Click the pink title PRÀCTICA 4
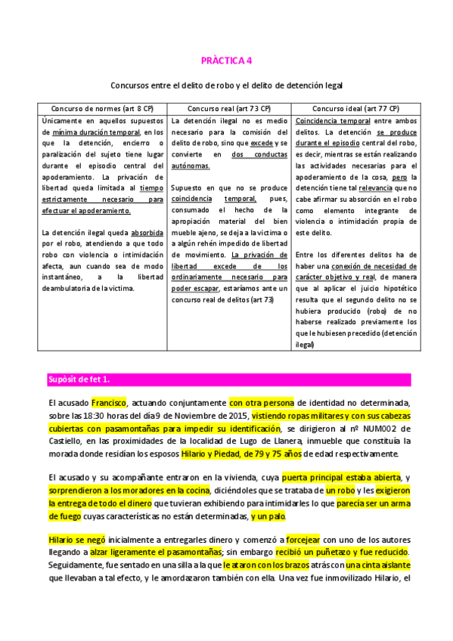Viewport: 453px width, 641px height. (227, 60)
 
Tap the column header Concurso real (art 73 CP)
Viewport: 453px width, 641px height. (228, 108)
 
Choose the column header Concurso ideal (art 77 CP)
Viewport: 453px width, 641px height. (355, 108)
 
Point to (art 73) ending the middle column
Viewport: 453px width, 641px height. (262, 299)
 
